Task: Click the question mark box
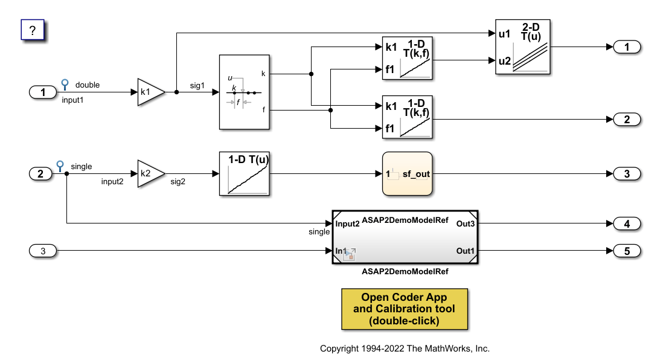click(33, 29)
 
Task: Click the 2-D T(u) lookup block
click(522, 47)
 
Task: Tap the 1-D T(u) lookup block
click(244, 174)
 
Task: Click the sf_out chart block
click(408, 174)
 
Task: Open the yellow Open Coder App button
click(405, 309)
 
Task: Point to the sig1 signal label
click(197, 86)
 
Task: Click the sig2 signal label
click(178, 181)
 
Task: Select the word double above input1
click(88, 85)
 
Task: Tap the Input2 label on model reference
click(348, 224)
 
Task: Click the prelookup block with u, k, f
click(244, 92)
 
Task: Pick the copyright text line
click(405, 349)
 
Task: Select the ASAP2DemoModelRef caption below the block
click(405, 272)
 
